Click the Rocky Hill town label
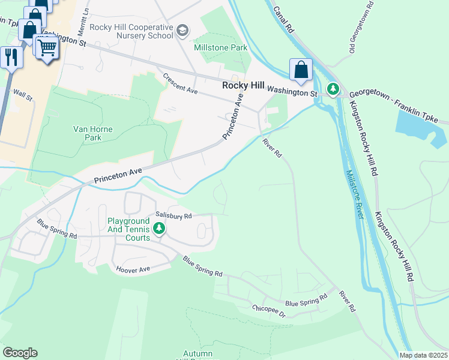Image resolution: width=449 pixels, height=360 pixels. [x=243, y=86]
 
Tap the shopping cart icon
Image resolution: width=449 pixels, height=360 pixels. [x=47, y=47]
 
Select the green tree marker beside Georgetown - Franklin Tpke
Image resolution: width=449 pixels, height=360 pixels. [x=333, y=89]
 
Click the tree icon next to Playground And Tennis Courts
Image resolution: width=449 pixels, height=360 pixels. [x=159, y=229]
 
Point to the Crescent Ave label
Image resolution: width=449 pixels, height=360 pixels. [x=180, y=85]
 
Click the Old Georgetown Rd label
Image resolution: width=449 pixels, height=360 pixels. [x=360, y=27]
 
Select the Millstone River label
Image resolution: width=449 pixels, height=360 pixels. [x=354, y=194]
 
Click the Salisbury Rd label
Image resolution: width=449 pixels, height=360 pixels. [x=173, y=215]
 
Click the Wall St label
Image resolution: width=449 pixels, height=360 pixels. [x=22, y=95]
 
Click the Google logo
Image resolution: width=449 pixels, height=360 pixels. [x=19, y=353]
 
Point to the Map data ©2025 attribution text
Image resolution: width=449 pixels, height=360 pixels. [x=423, y=355]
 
